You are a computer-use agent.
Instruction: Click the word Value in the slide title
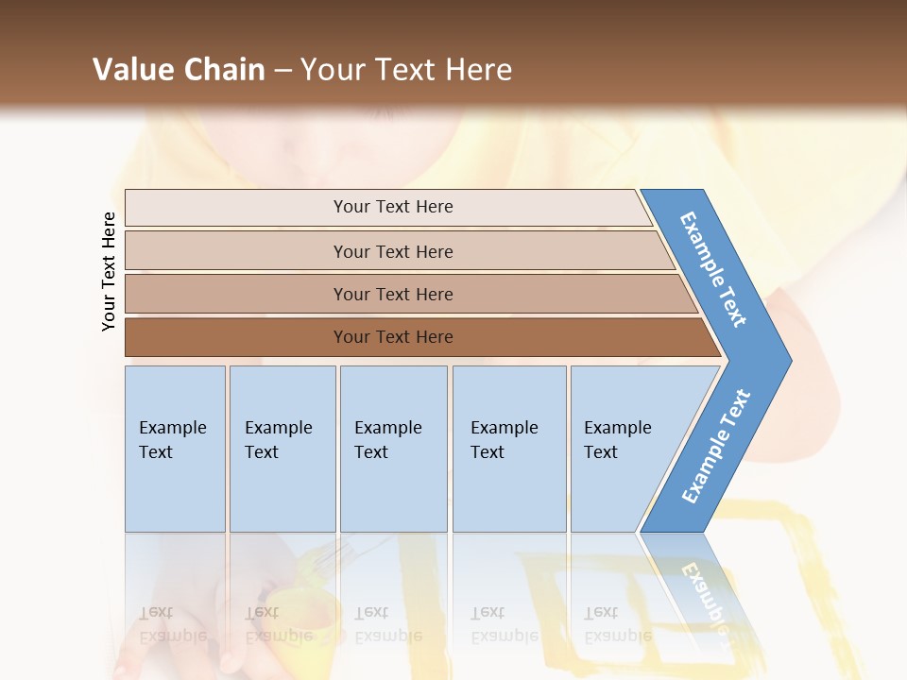pyautogui.click(x=132, y=70)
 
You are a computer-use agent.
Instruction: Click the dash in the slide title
pyautogui.click(x=282, y=71)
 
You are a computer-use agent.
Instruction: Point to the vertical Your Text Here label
pyautogui.click(x=109, y=271)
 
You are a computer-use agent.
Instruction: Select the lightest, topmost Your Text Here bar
pyautogui.click(x=392, y=207)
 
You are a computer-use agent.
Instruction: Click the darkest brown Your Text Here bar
pyautogui.click(x=392, y=337)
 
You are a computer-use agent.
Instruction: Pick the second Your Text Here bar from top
pyautogui.click(x=392, y=251)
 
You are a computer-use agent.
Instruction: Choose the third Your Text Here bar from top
pyautogui.click(x=392, y=294)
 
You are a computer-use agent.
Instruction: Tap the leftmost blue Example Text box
pyautogui.click(x=175, y=448)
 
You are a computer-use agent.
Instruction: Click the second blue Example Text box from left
pyautogui.click(x=282, y=448)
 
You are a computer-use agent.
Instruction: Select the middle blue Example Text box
pyautogui.click(x=393, y=448)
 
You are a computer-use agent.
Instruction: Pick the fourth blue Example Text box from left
pyautogui.click(x=509, y=448)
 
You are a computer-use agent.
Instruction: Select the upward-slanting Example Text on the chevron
pyautogui.click(x=716, y=447)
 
